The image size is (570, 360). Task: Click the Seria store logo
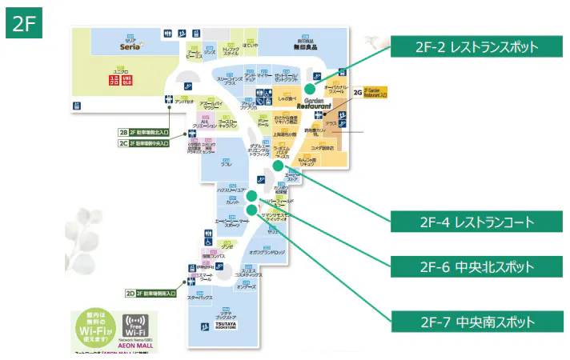click(x=130, y=46)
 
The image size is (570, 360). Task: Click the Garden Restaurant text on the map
click(x=320, y=105)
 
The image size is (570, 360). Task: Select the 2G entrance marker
click(x=358, y=93)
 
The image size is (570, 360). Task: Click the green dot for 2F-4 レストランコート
click(x=277, y=166)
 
